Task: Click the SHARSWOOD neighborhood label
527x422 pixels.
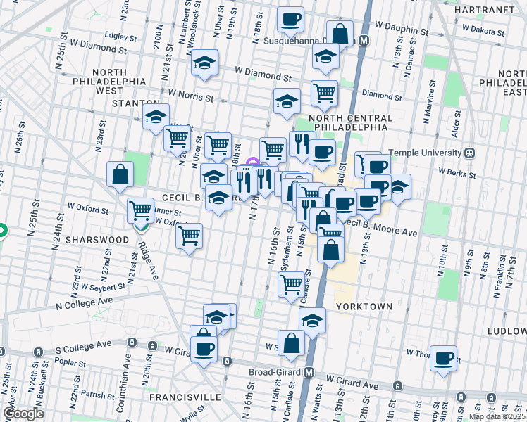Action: point(97,240)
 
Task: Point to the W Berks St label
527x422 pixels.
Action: point(453,170)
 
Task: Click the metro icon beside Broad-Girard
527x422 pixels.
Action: point(309,372)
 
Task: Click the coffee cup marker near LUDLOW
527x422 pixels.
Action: point(444,357)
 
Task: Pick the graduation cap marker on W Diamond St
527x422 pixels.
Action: point(205,63)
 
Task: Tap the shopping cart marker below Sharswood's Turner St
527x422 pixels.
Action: point(189,236)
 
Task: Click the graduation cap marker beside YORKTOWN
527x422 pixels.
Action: point(312,320)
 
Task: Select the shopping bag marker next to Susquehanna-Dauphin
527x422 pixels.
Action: point(340,32)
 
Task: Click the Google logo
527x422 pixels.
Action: point(23,414)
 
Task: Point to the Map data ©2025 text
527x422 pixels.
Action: point(497,416)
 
